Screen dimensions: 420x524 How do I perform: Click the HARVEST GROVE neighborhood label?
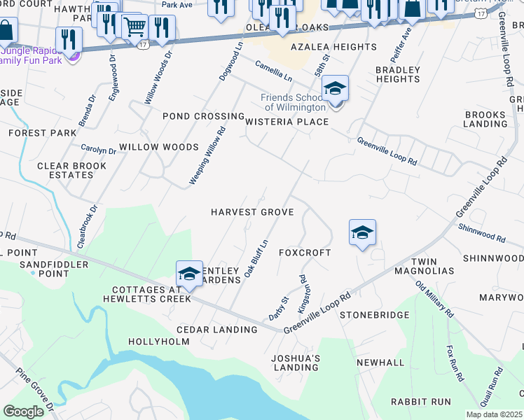(x=252, y=211)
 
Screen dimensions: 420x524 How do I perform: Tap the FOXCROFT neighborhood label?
(x=305, y=252)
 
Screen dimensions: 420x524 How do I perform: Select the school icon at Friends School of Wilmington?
(x=336, y=89)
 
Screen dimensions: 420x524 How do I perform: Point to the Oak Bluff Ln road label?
(x=256, y=258)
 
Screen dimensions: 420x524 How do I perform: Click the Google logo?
(x=23, y=412)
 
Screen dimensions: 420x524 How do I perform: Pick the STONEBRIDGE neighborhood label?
(x=374, y=315)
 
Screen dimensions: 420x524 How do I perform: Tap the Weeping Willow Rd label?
(x=207, y=155)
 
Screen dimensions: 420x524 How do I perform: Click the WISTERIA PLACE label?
(x=287, y=122)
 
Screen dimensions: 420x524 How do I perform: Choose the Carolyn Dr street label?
(x=98, y=150)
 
